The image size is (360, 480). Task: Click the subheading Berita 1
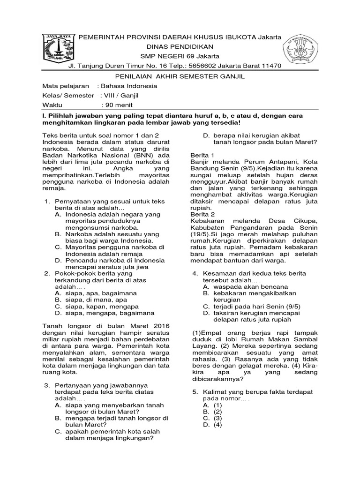click(202, 155)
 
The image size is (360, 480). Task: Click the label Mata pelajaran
click(65, 86)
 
